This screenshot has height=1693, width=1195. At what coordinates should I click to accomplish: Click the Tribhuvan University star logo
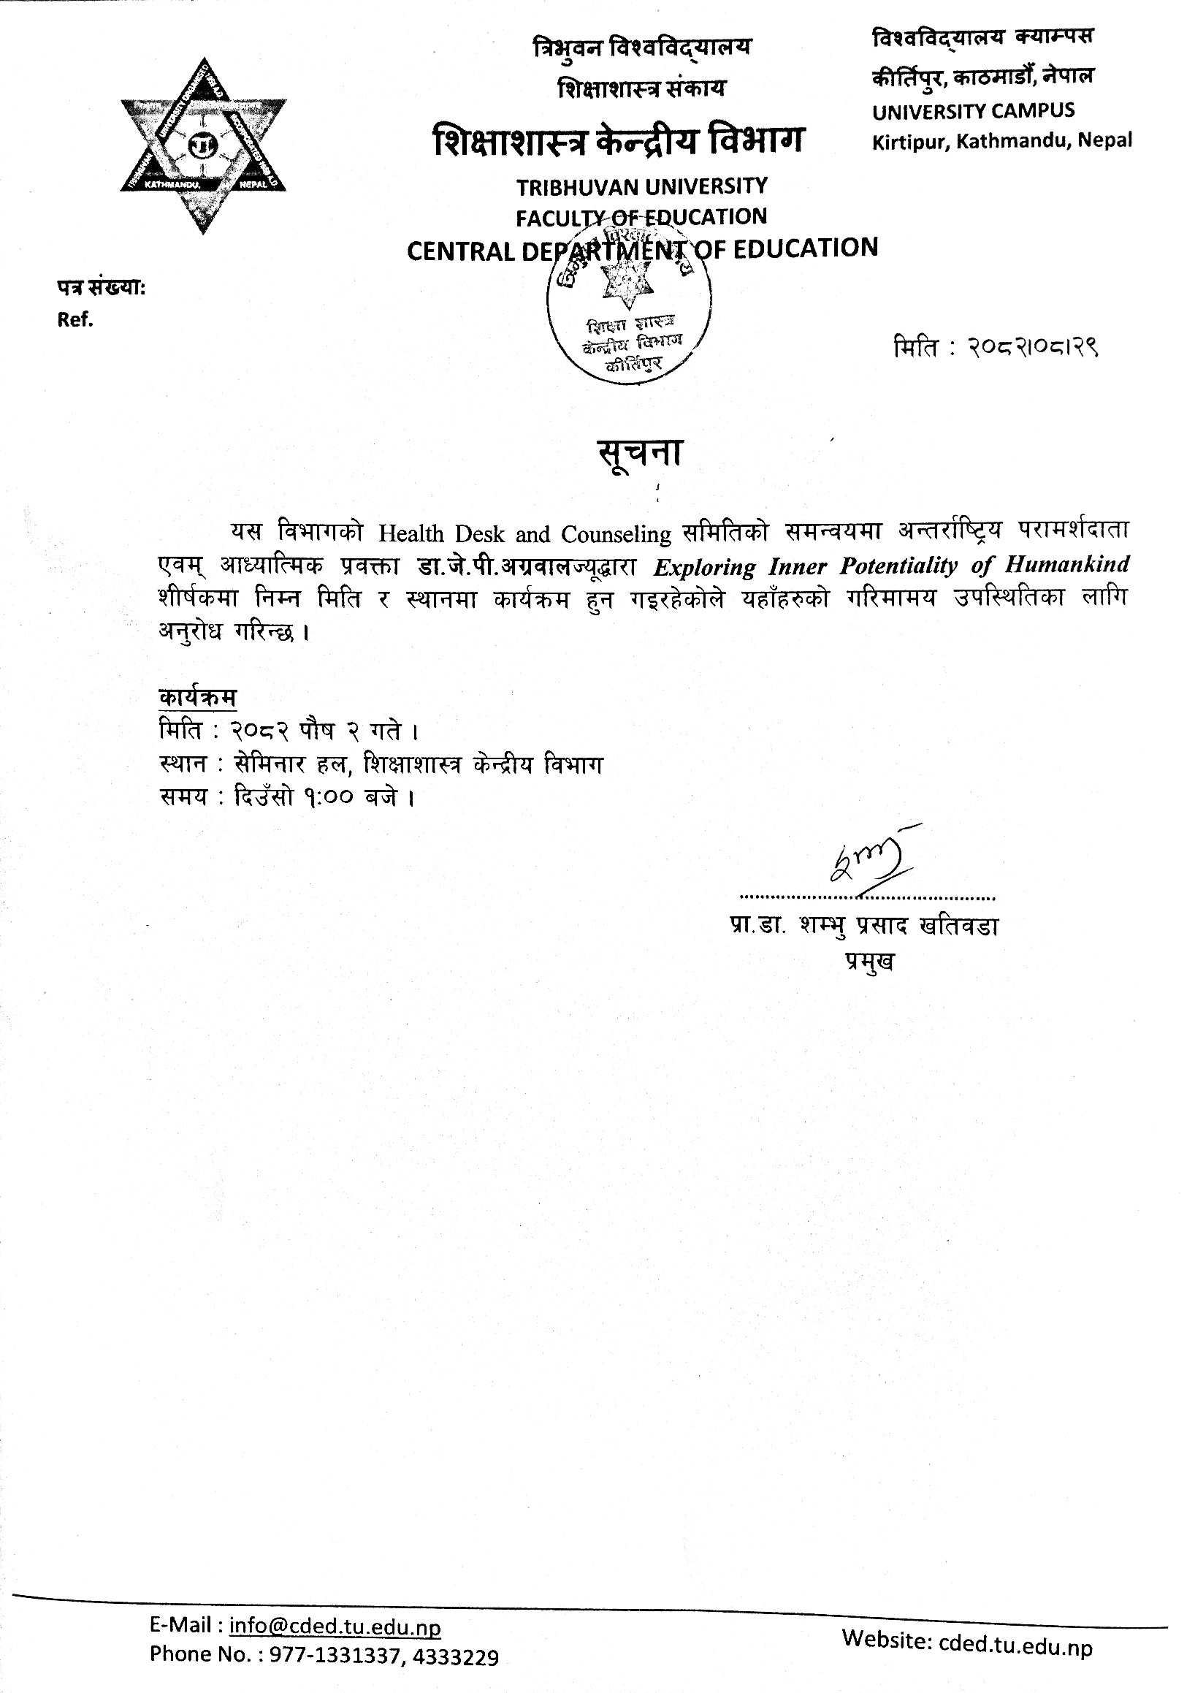pyautogui.click(x=204, y=146)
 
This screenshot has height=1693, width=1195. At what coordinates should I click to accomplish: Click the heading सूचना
pyautogui.click(x=640, y=452)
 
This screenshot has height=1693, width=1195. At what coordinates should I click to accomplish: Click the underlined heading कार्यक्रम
pyautogui.click(x=197, y=698)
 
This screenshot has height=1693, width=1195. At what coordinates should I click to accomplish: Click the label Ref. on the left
pyautogui.click(x=76, y=320)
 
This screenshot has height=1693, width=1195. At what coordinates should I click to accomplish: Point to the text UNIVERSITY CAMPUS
pyautogui.click(x=973, y=111)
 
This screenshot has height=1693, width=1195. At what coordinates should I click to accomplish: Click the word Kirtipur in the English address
pyautogui.click(x=911, y=142)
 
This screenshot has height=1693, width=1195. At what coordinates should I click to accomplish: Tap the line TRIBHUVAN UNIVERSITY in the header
pyautogui.click(x=641, y=186)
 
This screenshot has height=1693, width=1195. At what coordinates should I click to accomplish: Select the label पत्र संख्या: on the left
pyautogui.click(x=102, y=289)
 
